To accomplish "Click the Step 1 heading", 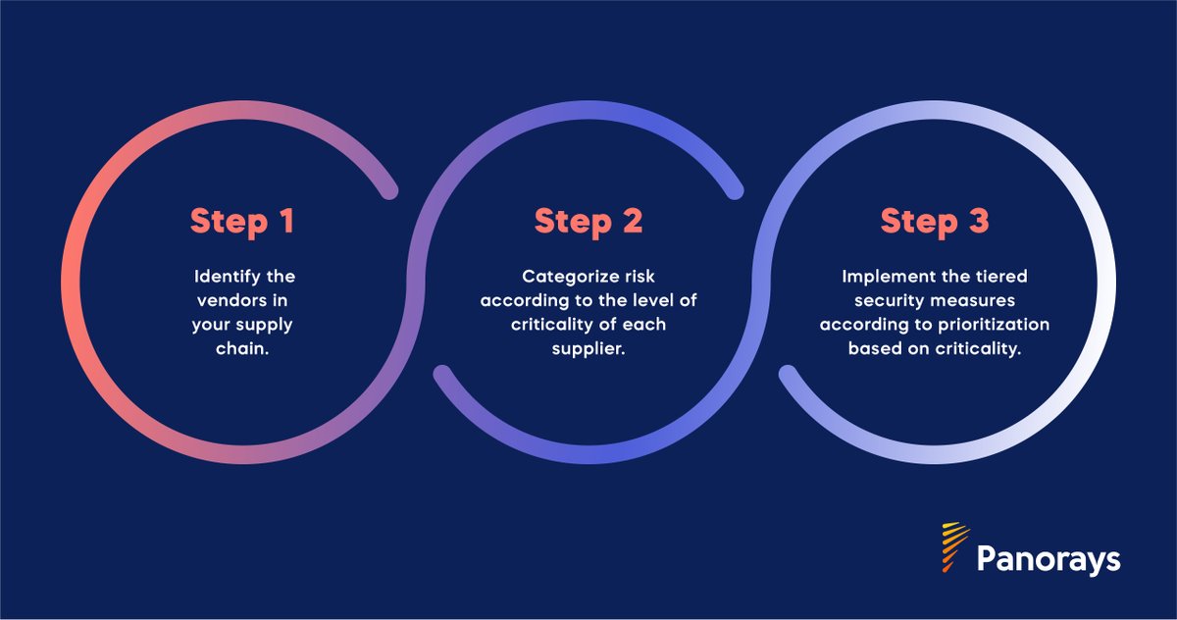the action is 242,221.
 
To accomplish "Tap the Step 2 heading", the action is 588,221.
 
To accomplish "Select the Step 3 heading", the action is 933,221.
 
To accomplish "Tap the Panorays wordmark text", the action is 1049,560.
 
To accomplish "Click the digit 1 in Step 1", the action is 285,221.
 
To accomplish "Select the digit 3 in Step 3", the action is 975,221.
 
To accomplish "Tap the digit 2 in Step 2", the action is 631,221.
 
